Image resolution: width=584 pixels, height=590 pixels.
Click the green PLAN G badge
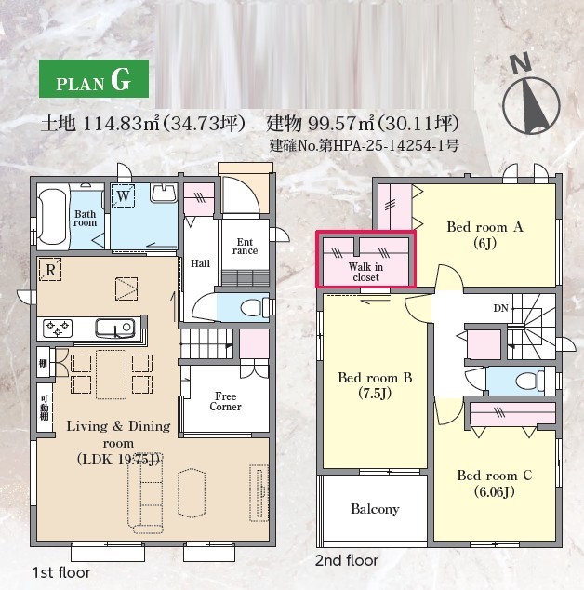pyautogui.click(x=94, y=79)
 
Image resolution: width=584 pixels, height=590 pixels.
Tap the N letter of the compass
pyautogui.click(x=521, y=63)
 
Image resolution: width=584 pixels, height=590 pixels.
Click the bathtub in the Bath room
pyautogui.click(x=53, y=216)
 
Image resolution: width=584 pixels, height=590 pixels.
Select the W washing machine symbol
pyautogui.click(x=123, y=195)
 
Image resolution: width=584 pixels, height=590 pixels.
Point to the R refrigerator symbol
pyautogui.click(x=50, y=270)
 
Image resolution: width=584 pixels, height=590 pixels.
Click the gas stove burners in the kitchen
pyautogui.click(x=58, y=328)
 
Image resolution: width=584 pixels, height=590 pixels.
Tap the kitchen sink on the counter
pyautogui.click(x=115, y=329)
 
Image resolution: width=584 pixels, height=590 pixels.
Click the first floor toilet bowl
pyautogui.click(x=252, y=307)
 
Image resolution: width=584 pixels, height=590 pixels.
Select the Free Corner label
pyautogui.click(x=226, y=401)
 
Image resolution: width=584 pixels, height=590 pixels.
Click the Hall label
pyautogui.click(x=201, y=263)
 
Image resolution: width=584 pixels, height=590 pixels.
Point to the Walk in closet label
pyautogui.click(x=365, y=272)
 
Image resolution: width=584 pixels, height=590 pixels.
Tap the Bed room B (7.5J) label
pyautogui.click(x=375, y=385)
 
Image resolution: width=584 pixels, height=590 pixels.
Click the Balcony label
pyautogui.click(x=375, y=509)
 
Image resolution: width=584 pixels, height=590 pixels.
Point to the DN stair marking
pyautogui.click(x=501, y=309)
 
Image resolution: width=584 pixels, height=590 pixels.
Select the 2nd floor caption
pyautogui.click(x=347, y=560)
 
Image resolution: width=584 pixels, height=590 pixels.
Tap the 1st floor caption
pyautogui.click(x=61, y=572)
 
